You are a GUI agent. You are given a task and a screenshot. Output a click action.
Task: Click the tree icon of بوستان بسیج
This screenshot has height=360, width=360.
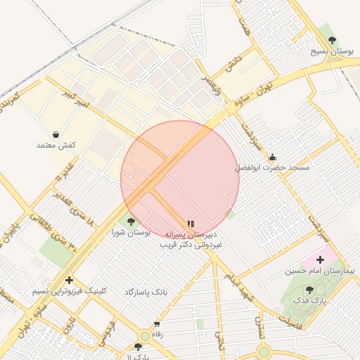[x=332, y=40]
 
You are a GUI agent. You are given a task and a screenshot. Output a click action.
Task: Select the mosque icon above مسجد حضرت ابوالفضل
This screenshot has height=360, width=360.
[x=272, y=157]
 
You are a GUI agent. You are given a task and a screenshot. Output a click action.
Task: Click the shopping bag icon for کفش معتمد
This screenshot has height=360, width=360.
[x=56, y=134]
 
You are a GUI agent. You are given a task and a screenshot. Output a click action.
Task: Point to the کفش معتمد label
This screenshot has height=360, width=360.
[x=56, y=145]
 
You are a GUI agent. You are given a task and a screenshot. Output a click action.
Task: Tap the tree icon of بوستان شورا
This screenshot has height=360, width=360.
[x=131, y=221]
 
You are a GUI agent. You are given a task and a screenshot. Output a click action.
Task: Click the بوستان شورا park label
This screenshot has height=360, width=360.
[x=131, y=232]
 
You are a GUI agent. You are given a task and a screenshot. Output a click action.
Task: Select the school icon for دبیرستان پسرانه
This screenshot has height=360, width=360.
[x=191, y=223]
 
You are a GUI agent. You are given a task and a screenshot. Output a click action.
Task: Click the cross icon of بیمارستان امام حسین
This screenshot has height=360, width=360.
[x=321, y=260]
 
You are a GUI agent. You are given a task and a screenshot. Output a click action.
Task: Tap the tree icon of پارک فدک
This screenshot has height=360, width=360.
[x=309, y=289]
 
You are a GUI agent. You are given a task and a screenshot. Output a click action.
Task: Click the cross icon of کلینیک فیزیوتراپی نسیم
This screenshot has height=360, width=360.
[x=69, y=280]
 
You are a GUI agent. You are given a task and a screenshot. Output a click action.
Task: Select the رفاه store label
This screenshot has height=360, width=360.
[x=157, y=335]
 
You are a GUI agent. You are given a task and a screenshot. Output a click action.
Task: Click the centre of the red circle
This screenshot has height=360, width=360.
[x=180, y=179]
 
